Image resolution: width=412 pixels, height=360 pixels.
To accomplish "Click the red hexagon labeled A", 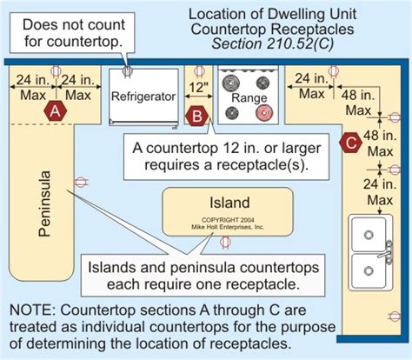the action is point(56,111).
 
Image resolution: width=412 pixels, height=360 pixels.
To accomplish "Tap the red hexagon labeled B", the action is point(197,117).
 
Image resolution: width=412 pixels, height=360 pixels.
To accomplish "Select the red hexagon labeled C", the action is point(351,143).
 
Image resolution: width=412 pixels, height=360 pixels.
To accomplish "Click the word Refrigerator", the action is point(143,97).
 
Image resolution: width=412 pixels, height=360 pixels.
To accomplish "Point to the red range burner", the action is point(264,112).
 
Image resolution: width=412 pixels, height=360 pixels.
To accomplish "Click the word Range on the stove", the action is point(249,98).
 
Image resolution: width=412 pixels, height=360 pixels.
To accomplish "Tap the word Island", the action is point(229,203).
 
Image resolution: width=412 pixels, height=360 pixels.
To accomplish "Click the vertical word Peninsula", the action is point(45,203).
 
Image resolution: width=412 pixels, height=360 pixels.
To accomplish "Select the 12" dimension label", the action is point(198,87).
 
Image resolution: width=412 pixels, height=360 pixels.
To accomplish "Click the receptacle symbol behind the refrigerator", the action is point(128,71).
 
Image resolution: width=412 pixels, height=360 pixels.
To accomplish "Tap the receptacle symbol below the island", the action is point(225,243).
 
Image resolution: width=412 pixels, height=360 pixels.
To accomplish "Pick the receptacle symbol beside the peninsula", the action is point(81,182).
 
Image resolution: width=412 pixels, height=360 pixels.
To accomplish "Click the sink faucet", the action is point(387,253).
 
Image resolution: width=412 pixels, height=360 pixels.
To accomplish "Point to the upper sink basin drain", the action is point(369,235).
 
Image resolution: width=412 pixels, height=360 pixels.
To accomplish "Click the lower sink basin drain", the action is point(369,270).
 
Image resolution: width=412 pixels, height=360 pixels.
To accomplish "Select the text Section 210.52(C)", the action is point(272,43).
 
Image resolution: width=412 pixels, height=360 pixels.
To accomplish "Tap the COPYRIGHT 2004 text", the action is point(228,220).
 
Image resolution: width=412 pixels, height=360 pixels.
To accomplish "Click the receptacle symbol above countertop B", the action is point(199,72).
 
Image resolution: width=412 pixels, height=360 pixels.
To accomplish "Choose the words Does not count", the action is point(74,24).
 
